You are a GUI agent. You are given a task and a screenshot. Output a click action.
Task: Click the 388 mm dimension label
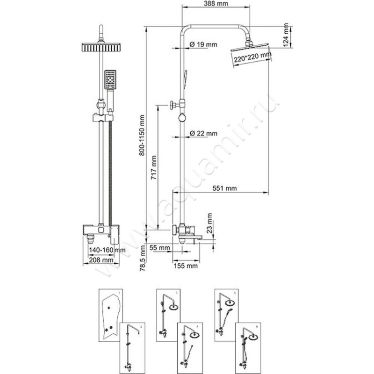pyautogui.click(x=216, y=4)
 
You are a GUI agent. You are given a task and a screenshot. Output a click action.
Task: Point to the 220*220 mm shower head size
pyautogui.click(x=252, y=58)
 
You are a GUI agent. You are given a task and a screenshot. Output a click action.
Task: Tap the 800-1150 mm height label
pyautogui.click(x=142, y=136)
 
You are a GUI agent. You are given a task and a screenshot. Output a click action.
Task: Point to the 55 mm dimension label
pyautogui.click(x=159, y=246)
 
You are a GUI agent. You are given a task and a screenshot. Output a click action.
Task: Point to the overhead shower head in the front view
pyautogui.click(x=101, y=48)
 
